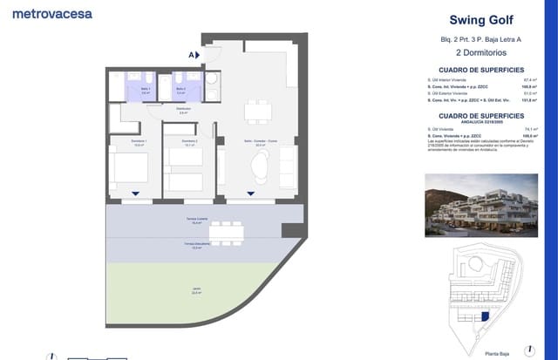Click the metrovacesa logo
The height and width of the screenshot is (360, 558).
(53, 13)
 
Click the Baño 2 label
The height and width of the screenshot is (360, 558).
(180, 90)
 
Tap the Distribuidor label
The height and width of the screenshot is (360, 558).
(183, 112)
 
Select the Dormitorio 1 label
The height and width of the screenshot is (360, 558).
(139, 143)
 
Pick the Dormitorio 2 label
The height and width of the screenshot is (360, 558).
(189, 143)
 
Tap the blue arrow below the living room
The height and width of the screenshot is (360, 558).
(251, 194)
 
